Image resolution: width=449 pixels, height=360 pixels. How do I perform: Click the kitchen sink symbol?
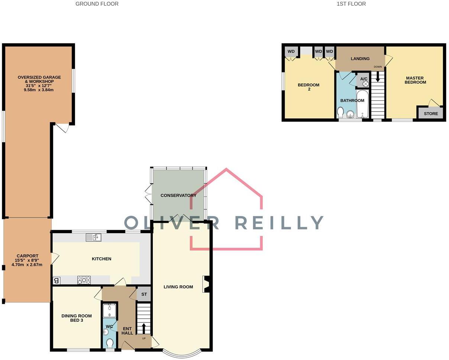click(x=93, y=237)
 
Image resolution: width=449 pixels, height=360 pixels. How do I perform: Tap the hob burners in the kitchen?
click(x=84, y=280)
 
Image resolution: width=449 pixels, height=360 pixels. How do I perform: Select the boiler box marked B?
click(x=56, y=280)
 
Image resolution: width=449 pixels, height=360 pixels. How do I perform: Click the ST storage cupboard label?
click(x=144, y=294)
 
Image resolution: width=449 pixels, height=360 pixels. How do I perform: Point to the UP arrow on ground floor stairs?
click(x=144, y=329)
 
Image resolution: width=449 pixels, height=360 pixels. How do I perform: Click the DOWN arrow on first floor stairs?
click(x=378, y=77)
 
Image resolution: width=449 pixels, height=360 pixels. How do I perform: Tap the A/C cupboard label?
click(x=364, y=79)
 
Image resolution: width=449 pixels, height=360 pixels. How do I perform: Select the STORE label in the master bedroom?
click(x=431, y=113)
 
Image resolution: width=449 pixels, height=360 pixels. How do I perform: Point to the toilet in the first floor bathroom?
click(x=340, y=112)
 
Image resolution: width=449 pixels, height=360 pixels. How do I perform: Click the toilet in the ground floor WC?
click(x=110, y=343)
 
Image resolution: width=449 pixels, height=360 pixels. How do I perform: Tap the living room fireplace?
click(x=207, y=284)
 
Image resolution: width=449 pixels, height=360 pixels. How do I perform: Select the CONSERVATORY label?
click(x=178, y=195)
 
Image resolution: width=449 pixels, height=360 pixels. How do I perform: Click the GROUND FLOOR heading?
click(x=97, y=4)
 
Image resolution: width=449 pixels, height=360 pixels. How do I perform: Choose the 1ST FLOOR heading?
click(x=351, y=4)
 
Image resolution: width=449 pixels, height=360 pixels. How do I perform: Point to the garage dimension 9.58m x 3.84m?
click(x=39, y=90)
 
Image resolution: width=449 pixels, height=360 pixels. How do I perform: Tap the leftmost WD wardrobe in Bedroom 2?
click(x=291, y=51)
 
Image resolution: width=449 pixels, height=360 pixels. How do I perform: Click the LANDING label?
click(x=360, y=58)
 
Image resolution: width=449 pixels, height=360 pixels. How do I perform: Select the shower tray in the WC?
click(x=109, y=311)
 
